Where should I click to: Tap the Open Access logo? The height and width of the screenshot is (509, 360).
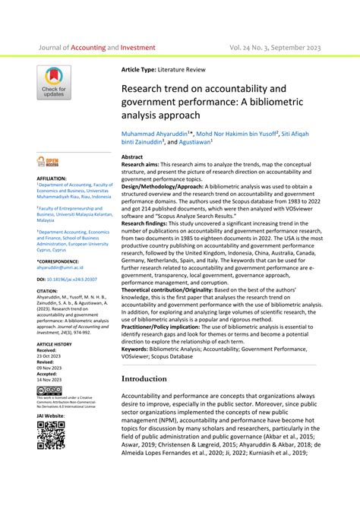pyautogui.click(x=51, y=161)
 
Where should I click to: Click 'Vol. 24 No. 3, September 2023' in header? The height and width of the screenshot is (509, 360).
pyautogui.click(x=274, y=47)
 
